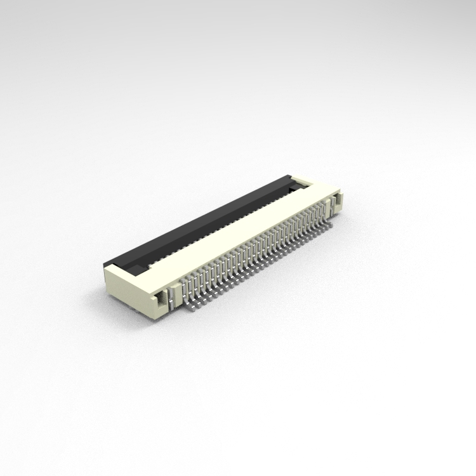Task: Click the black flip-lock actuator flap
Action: (x=203, y=222)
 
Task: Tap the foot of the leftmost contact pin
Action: (x=190, y=307)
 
